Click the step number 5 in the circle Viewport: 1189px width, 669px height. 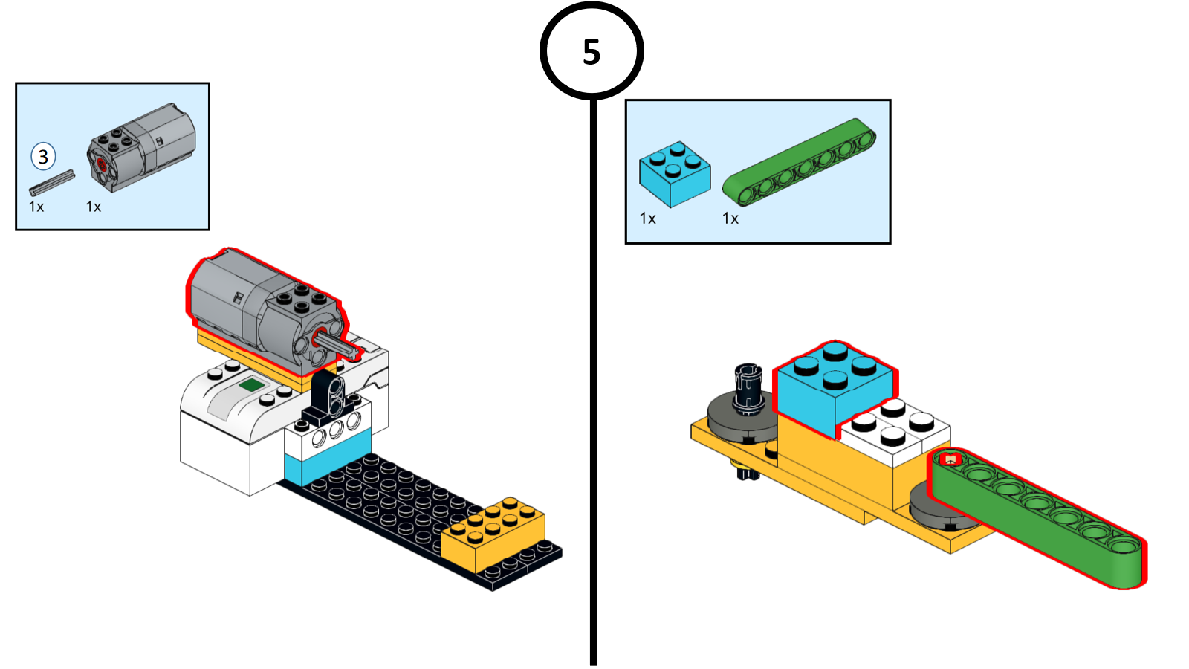point(592,52)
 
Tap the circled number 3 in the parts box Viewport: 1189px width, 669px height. point(43,157)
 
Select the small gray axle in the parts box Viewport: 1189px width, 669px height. point(52,182)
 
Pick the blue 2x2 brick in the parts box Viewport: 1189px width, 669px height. point(674,174)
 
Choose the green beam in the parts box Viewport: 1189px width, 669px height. point(800,161)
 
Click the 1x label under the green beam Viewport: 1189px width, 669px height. point(730,219)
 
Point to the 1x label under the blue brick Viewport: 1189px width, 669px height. point(648,219)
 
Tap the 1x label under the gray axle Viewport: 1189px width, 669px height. point(36,207)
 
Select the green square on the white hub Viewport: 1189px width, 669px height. point(251,385)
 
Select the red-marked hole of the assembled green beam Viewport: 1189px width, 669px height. point(950,460)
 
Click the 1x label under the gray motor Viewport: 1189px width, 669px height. point(94,207)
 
